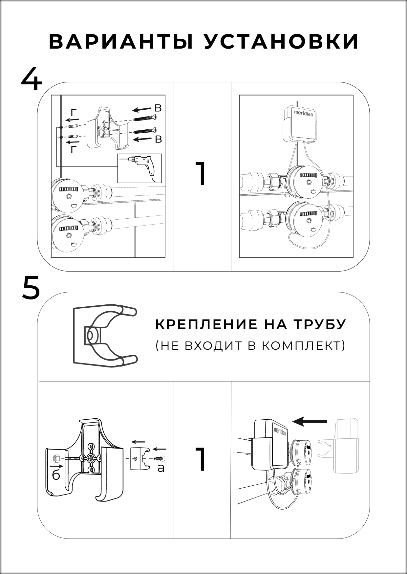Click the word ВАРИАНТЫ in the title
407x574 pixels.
pos(121,42)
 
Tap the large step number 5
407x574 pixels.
pos(31,288)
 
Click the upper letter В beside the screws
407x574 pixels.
pos(158,108)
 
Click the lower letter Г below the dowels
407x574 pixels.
pos(74,150)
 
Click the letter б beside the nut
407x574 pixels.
pos(56,475)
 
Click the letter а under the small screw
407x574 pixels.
pos(161,468)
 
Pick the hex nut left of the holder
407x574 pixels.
pos(56,457)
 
